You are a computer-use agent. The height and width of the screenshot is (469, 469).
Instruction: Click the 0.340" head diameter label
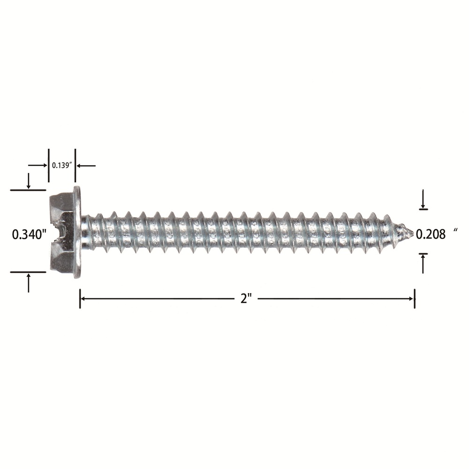30,234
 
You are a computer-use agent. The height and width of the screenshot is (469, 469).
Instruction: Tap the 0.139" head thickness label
62,166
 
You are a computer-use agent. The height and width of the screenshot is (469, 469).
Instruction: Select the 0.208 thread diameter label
431,234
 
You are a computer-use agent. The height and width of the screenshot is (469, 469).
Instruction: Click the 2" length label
246,298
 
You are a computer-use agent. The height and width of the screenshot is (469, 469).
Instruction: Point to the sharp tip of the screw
413,232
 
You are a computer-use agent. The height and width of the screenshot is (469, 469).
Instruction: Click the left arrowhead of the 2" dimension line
84,298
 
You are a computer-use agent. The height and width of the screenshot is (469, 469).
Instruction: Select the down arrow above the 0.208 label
423,199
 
